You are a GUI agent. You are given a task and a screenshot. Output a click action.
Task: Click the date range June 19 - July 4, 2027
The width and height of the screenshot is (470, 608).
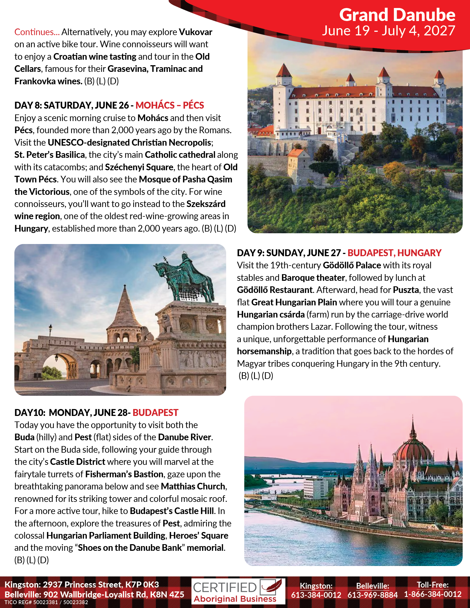coord(388,31)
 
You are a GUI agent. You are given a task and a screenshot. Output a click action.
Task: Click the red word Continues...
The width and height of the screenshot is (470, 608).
coord(37,32)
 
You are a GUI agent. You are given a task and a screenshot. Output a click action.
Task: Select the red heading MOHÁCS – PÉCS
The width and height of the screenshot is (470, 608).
coord(169,105)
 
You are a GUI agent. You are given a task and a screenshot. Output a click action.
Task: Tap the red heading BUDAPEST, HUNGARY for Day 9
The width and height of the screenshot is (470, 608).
coord(394,253)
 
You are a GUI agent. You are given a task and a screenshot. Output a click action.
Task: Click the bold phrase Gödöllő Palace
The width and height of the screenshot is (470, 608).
coord(352,265)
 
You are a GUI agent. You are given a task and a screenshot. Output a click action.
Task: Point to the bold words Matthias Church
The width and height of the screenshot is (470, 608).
coord(193,486)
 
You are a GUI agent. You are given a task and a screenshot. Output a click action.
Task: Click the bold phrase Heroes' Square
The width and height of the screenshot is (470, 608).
coord(199,535)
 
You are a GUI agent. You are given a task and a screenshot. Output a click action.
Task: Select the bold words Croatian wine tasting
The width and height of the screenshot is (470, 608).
coord(95,56)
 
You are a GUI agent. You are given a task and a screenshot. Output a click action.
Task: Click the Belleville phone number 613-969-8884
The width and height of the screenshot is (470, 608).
coord(372,595)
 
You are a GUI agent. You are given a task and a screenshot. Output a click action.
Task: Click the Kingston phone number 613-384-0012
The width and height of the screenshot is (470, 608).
coord(316,595)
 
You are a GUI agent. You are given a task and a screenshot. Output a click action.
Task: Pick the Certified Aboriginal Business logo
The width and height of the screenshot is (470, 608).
coord(238,591)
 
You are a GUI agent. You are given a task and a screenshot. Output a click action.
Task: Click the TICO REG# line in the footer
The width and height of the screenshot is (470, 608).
coord(46,602)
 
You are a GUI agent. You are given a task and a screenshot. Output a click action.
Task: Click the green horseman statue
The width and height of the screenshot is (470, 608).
coord(184,278)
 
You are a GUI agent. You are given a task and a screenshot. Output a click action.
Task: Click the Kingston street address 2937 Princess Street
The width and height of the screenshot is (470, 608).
coord(82,584)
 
